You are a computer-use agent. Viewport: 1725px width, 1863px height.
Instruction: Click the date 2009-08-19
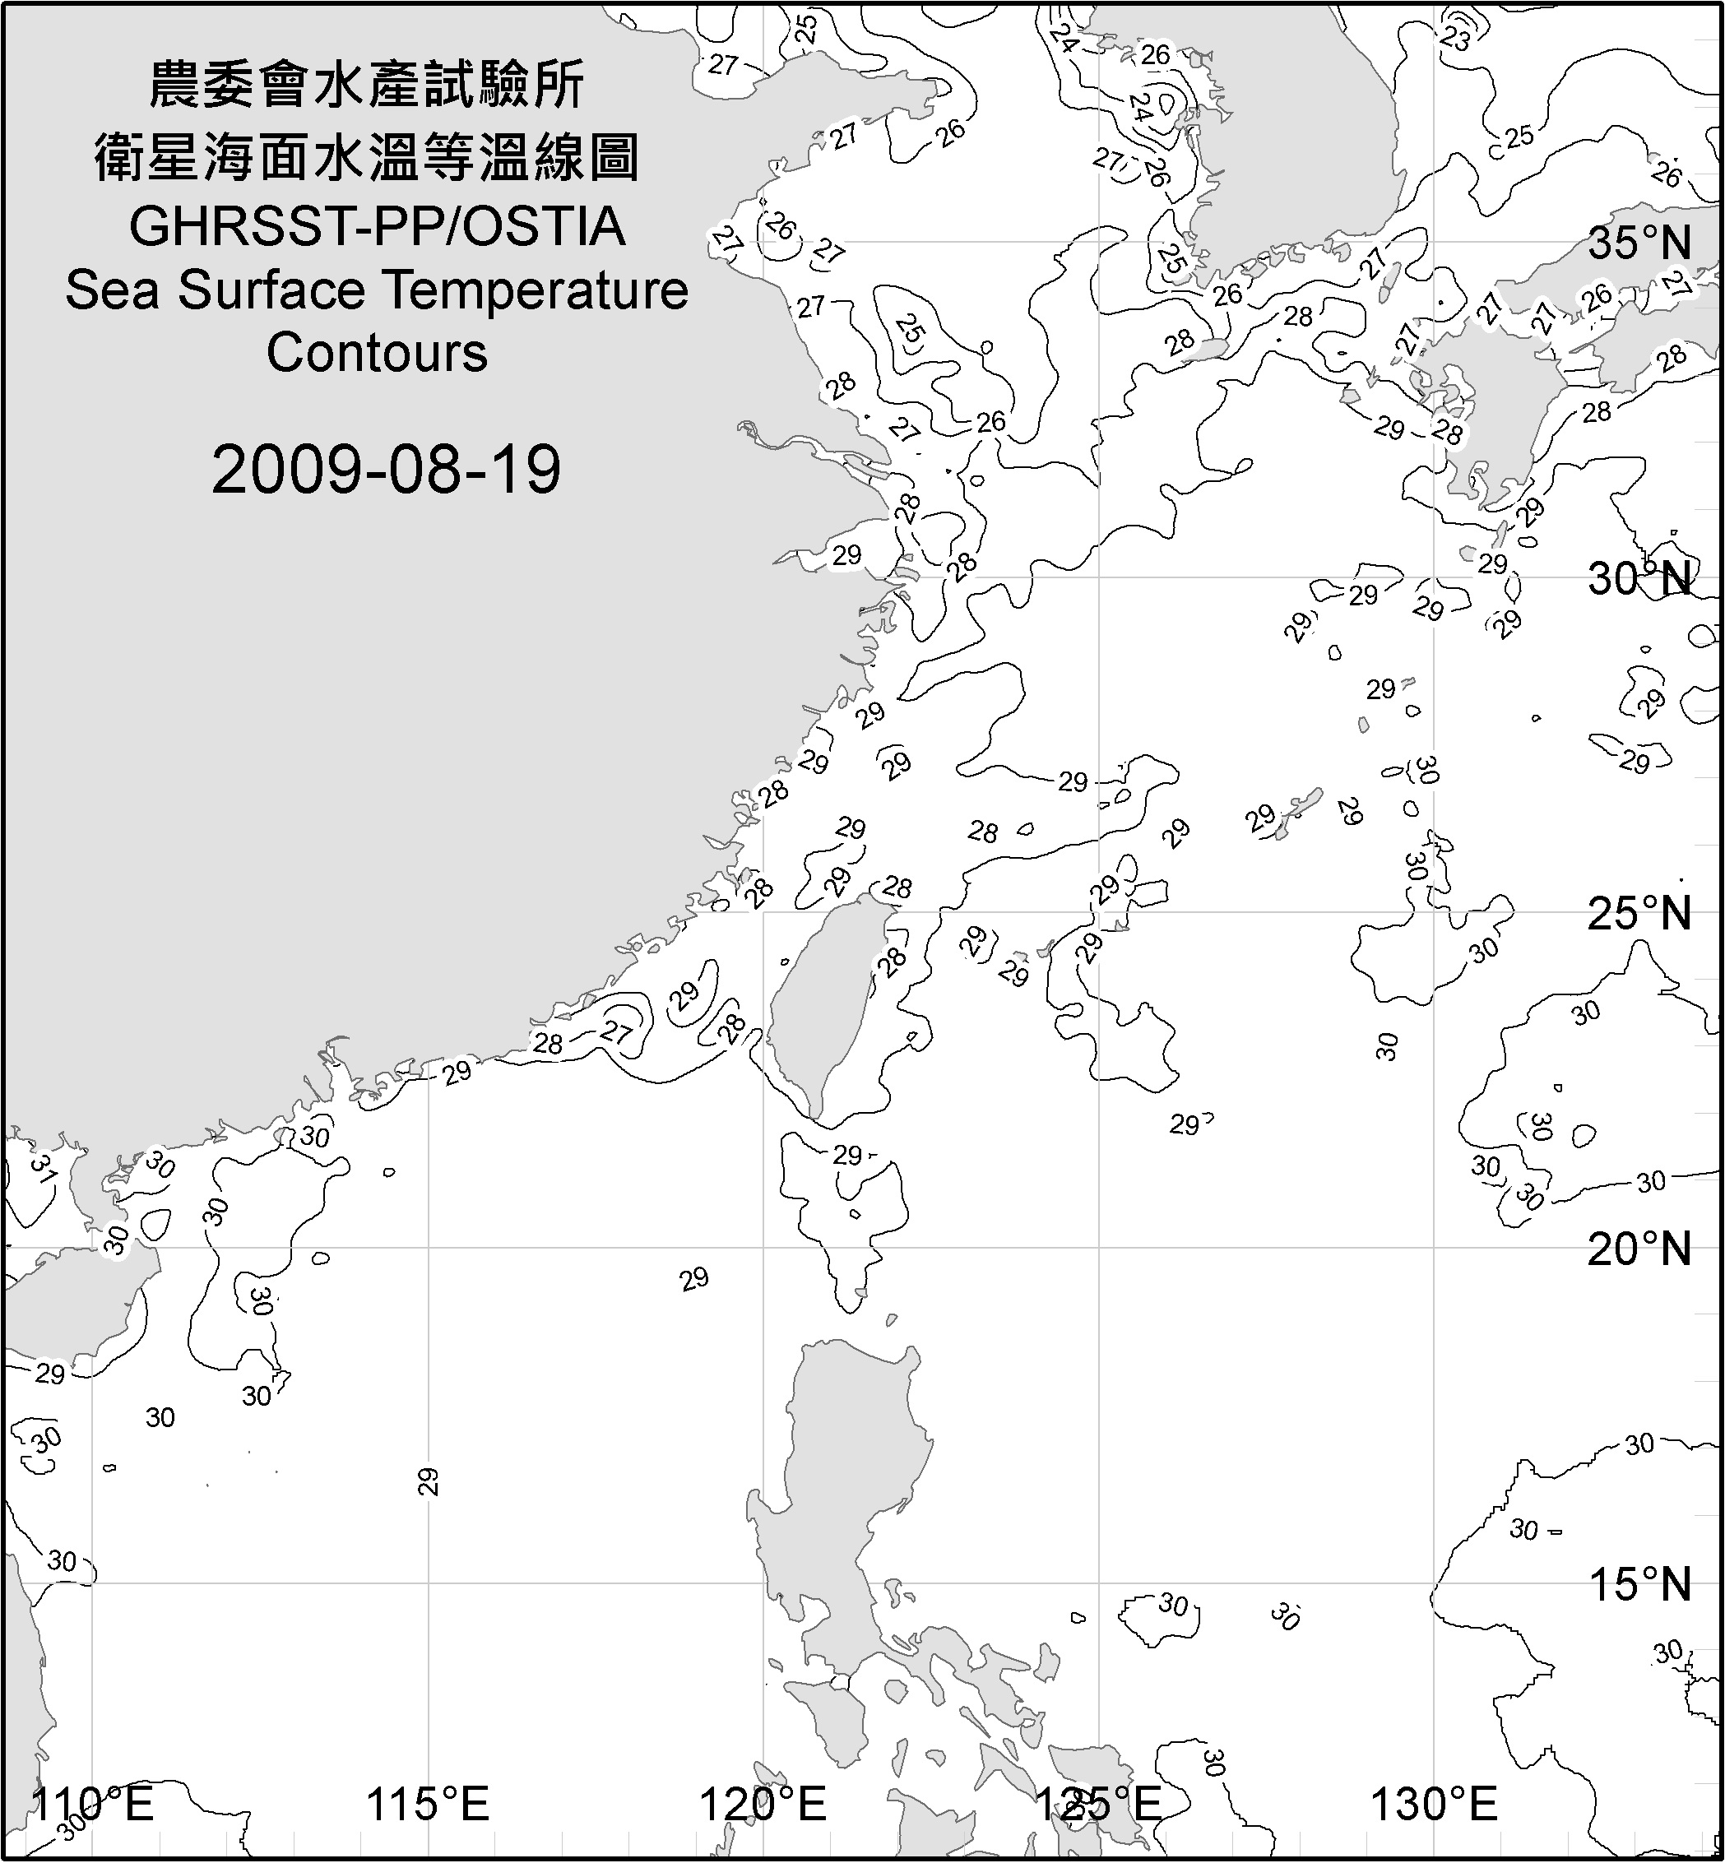(x=386, y=469)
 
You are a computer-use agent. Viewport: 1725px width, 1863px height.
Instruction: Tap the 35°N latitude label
(x=1639, y=244)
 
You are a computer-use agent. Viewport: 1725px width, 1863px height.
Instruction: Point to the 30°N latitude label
(x=1639, y=580)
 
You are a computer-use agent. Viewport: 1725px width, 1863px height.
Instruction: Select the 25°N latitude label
(x=1639, y=914)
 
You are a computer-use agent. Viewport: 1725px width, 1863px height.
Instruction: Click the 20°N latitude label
(x=1639, y=1249)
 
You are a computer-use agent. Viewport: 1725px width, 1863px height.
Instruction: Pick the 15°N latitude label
(x=1639, y=1584)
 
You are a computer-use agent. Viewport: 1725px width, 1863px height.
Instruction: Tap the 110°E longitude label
(x=92, y=1803)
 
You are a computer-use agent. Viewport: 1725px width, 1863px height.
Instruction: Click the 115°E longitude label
(x=428, y=1803)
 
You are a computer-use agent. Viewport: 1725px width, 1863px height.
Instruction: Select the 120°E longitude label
(x=763, y=1803)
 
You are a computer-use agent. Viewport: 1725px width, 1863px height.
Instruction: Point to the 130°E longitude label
(x=1433, y=1803)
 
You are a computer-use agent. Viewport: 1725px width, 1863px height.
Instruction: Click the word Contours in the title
(x=377, y=353)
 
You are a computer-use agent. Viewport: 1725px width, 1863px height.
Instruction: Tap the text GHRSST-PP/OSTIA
(x=377, y=227)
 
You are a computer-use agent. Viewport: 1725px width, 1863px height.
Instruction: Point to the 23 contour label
(x=1455, y=39)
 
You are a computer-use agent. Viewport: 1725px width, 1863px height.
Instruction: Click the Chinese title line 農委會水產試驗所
(x=367, y=86)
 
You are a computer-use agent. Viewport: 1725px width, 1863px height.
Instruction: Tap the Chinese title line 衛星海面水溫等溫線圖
(x=367, y=156)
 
